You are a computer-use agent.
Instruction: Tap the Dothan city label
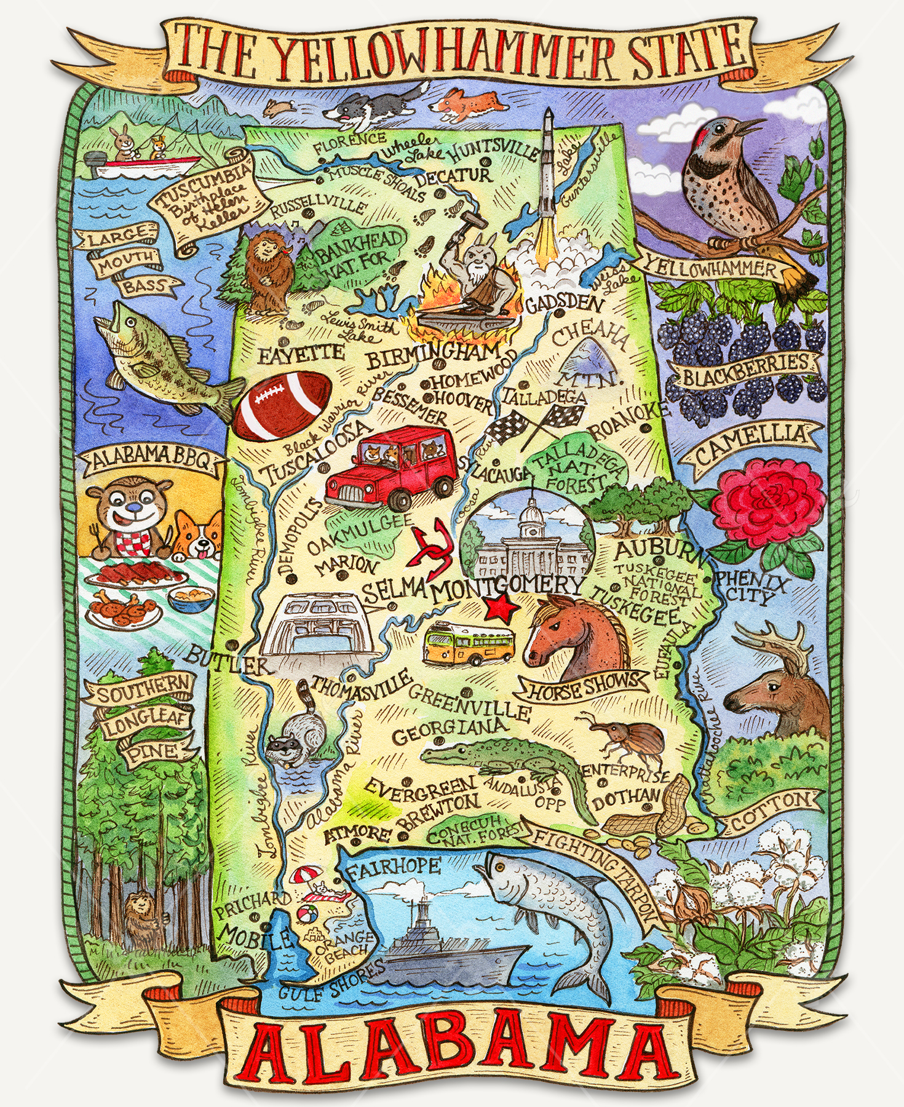click(625, 798)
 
